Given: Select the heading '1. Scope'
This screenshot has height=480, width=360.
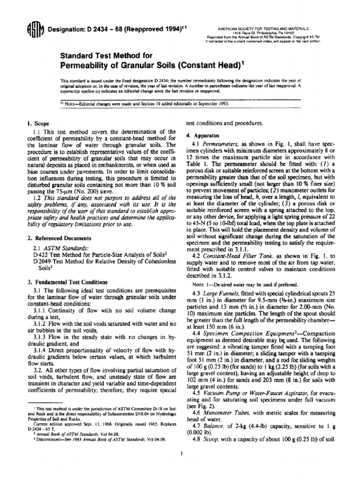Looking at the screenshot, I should (38, 124).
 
